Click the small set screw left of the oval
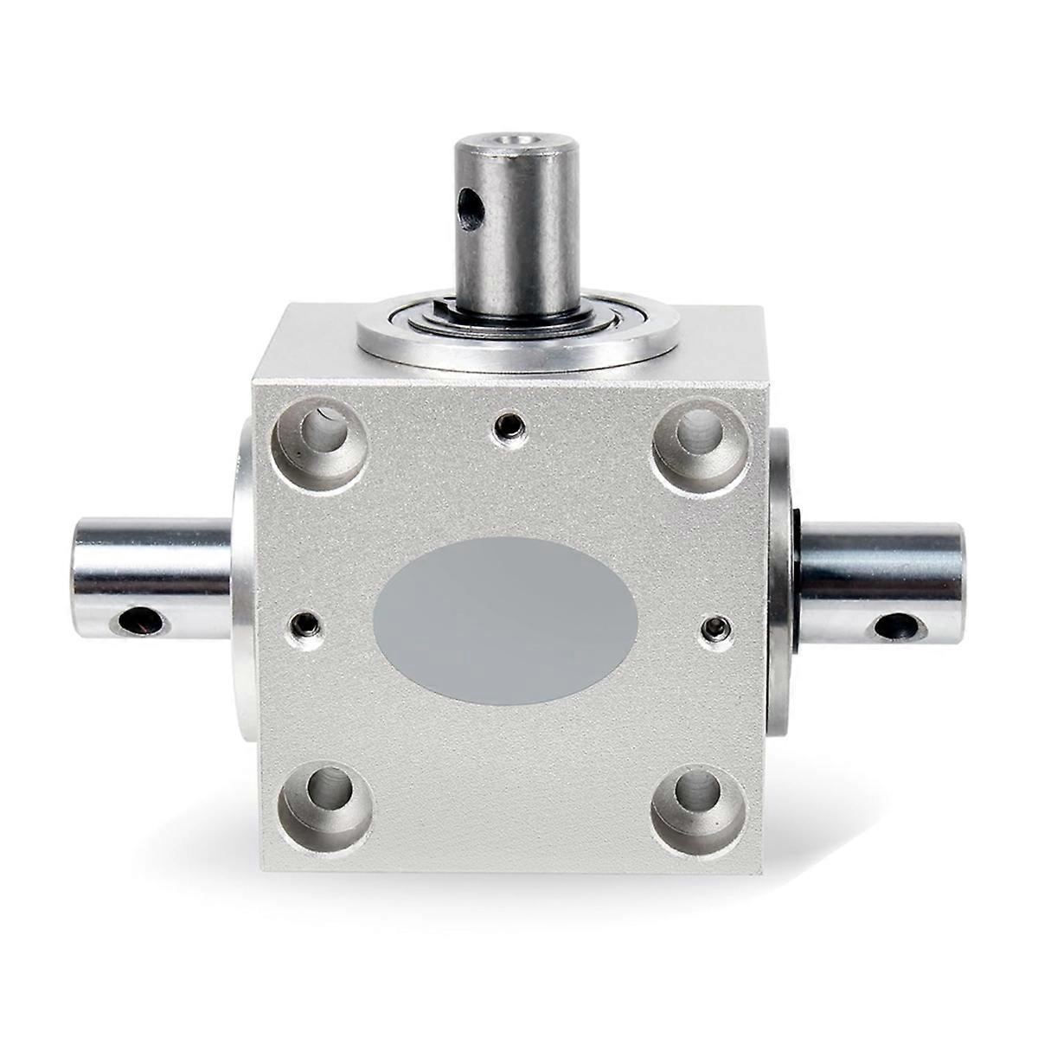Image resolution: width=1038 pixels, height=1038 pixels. click(304, 623)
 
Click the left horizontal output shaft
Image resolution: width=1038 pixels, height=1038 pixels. click(151, 575)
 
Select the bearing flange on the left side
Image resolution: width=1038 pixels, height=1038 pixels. click(242, 588)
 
